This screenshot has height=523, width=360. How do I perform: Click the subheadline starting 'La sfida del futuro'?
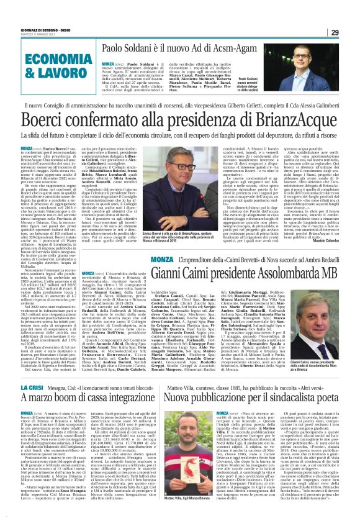180,134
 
